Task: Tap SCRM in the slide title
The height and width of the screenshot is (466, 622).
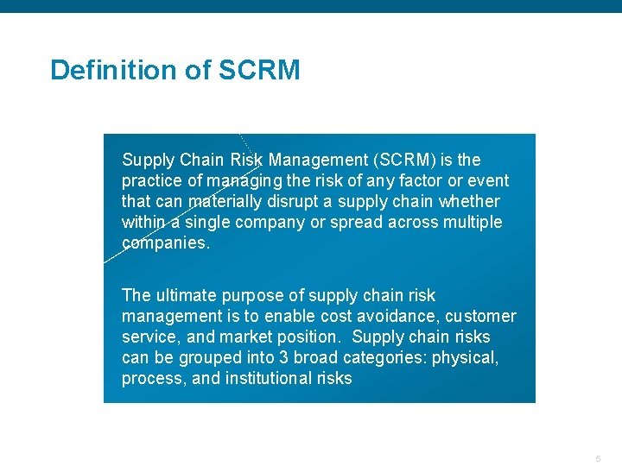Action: (259, 70)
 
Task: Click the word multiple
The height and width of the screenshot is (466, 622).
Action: (470, 222)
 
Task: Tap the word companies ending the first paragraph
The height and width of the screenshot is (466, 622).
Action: (164, 242)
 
